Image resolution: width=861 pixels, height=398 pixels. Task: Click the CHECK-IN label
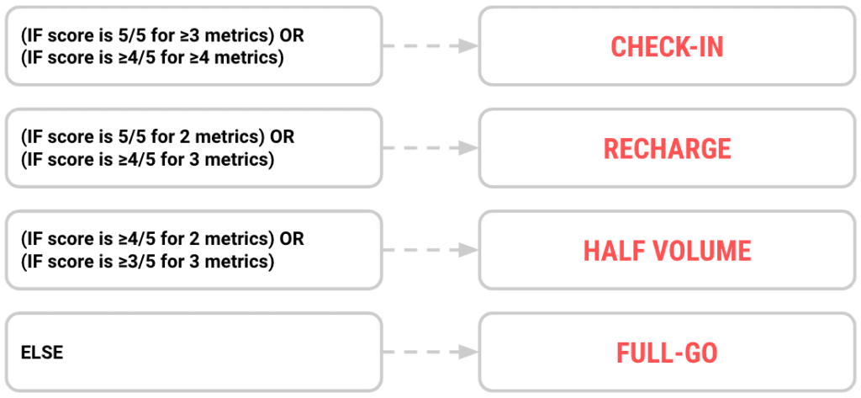667,46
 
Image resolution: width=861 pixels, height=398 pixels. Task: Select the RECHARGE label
667,149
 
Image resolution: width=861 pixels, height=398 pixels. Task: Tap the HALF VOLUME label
667,251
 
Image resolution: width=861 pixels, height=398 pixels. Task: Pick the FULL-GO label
667,353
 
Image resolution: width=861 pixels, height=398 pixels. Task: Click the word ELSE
42,353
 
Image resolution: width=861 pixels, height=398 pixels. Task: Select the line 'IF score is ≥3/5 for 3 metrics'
148,262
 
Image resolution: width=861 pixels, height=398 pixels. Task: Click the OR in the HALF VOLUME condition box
293,239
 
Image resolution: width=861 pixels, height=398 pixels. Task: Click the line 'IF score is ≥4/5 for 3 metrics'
148,160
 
